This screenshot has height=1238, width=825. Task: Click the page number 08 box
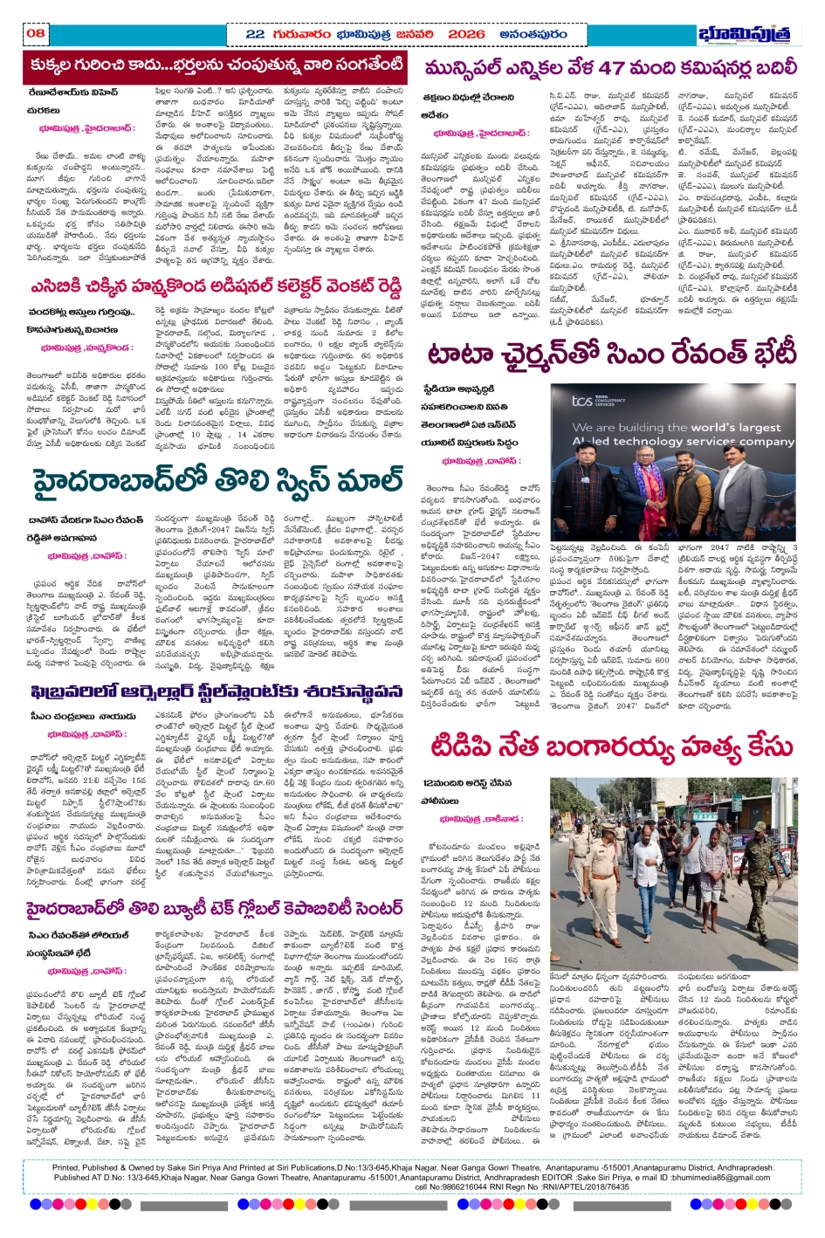tap(36, 33)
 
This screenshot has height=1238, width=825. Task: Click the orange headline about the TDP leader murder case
tap(611, 747)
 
